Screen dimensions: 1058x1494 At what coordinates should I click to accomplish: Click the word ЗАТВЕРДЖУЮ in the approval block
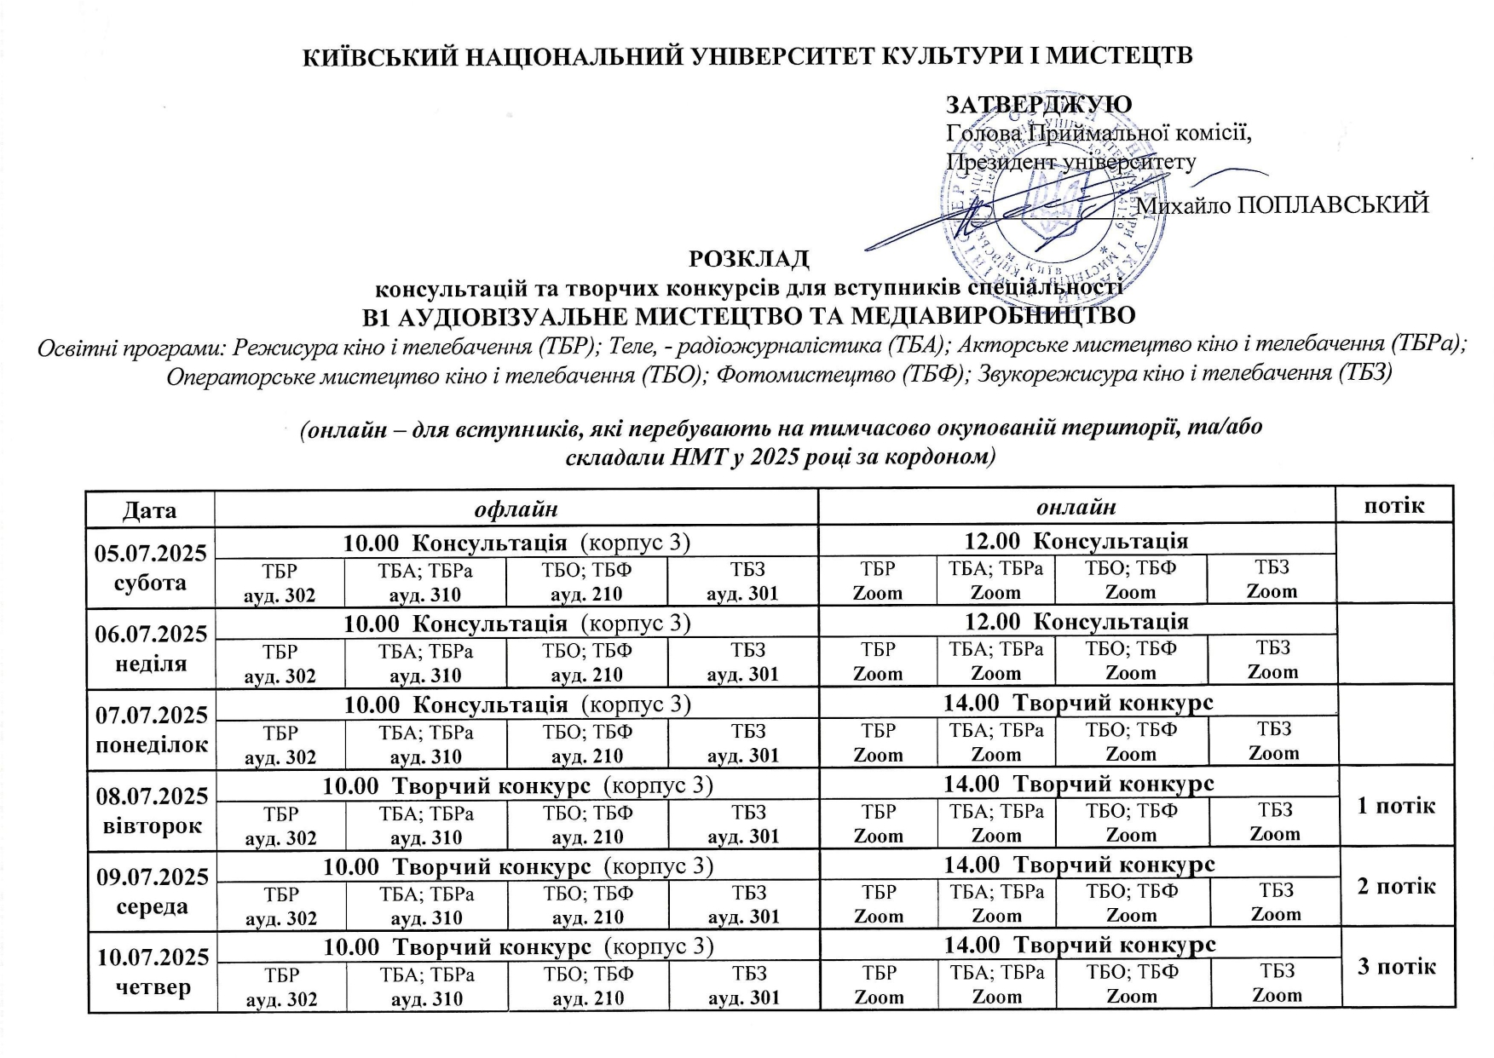pos(1039,105)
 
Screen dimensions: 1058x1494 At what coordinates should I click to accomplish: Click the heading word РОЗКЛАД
pos(748,258)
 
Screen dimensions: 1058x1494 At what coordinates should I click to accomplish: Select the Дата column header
pos(150,509)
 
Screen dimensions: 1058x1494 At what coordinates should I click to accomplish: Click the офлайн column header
pos(516,509)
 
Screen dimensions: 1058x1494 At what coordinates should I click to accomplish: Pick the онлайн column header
pos(1076,508)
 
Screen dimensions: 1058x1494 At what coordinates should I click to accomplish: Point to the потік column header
pos(1394,506)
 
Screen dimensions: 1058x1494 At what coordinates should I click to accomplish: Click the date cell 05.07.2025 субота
pos(151,567)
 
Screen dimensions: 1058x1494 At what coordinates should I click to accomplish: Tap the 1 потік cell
pos(1396,805)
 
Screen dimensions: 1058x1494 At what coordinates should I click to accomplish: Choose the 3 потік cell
pos(1397,967)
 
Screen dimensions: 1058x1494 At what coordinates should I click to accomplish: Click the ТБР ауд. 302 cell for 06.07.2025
pos(280,663)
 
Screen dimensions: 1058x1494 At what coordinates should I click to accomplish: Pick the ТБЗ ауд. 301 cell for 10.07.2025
pos(744,985)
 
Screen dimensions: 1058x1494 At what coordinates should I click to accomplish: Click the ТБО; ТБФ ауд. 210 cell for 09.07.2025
pos(588,905)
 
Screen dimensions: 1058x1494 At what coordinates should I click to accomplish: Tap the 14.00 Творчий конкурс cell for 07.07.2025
pos(1078,703)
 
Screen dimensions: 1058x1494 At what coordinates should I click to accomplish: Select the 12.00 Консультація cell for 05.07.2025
pos(1076,541)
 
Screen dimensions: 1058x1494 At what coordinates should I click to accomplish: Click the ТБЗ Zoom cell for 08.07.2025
pos(1274,821)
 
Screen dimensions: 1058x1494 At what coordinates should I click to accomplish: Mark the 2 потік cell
pos(1396,886)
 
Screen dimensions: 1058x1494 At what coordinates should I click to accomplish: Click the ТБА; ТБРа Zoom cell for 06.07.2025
pos(995,660)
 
